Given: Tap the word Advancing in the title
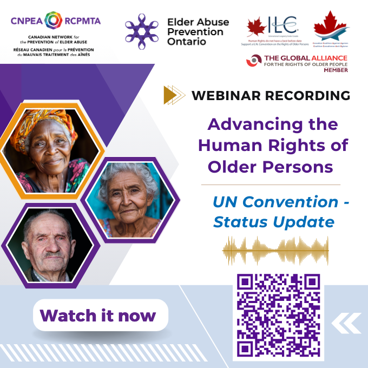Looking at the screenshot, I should coord(249,124).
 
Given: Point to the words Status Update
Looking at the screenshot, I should coord(273,222).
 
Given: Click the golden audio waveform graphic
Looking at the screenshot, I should coord(275,250).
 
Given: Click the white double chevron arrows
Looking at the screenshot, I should coord(346,323).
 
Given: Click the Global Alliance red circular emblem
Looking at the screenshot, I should coord(254,61).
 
